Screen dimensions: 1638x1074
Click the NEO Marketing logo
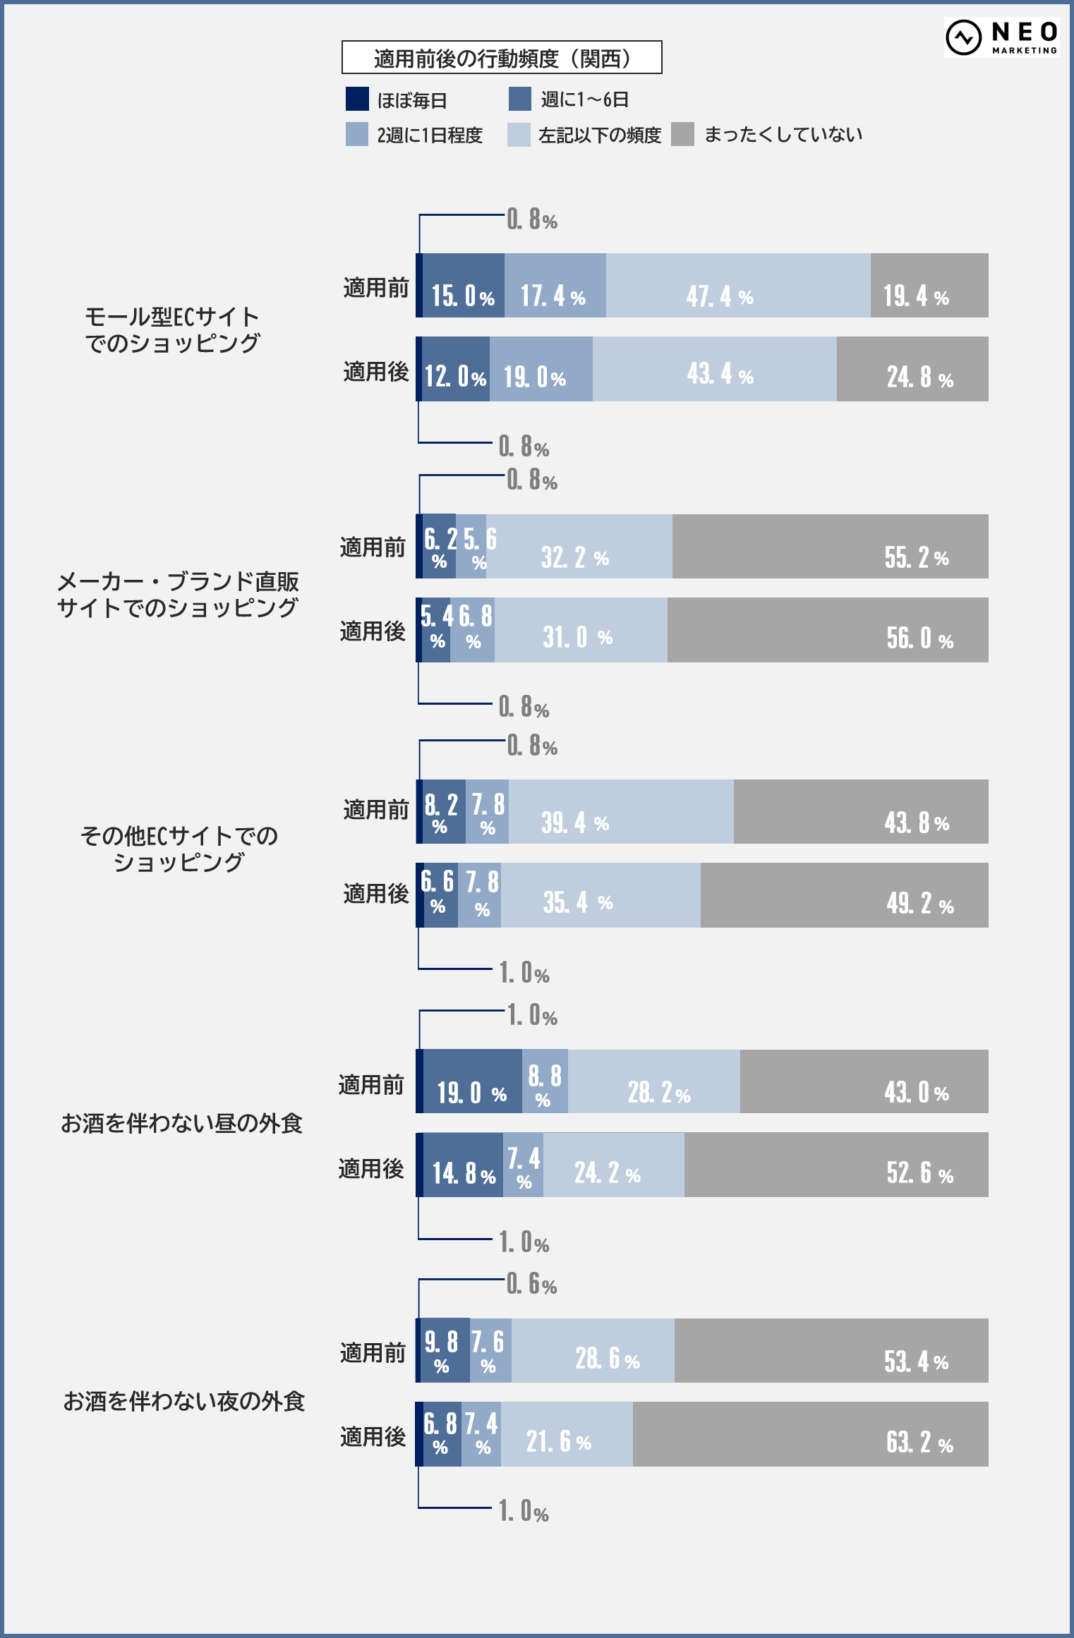(1001, 37)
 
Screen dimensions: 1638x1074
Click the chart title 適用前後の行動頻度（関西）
(502, 58)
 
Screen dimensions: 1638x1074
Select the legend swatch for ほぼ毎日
(357, 99)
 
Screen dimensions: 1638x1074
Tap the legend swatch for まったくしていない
(682, 134)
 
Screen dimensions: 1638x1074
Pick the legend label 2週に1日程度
(429, 135)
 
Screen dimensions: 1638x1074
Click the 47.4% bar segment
(737, 286)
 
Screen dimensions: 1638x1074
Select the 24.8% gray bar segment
(912, 369)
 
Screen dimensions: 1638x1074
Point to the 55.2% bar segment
(830, 547)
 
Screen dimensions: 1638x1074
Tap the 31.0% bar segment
(581, 630)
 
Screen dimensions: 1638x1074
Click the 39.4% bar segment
(621, 812)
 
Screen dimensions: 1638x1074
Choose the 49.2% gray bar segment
(844, 895)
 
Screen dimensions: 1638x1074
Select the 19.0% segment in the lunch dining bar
(472, 1081)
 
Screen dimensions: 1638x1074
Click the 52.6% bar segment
(836, 1165)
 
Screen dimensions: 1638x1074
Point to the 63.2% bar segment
(810, 1434)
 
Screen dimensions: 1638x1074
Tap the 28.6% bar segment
(593, 1351)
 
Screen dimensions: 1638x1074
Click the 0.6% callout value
(532, 1285)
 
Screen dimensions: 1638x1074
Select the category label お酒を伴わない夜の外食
(183, 1401)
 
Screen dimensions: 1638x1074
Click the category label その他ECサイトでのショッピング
(179, 849)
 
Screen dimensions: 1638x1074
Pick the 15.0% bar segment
(463, 286)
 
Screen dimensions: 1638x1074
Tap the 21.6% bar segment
(567, 1434)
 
